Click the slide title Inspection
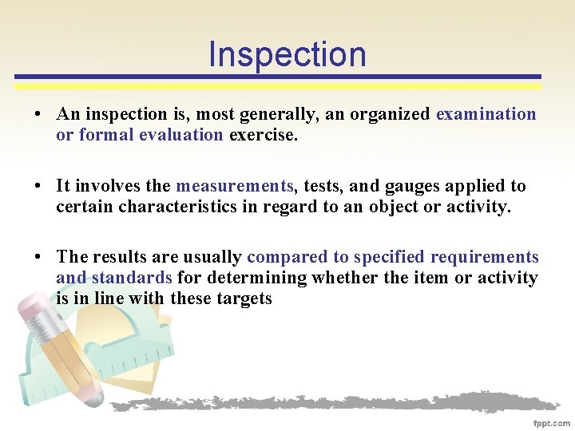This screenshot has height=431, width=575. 287,54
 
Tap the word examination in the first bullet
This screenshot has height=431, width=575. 486,114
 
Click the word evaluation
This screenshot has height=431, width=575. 180,135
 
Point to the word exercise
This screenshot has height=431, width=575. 263,135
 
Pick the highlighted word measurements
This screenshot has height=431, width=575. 235,186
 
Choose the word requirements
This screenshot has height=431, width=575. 485,257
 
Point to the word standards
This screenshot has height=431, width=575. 133,278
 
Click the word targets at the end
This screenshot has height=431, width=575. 244,299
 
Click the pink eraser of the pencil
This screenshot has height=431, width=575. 34,306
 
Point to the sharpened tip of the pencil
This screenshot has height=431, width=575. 97,397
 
